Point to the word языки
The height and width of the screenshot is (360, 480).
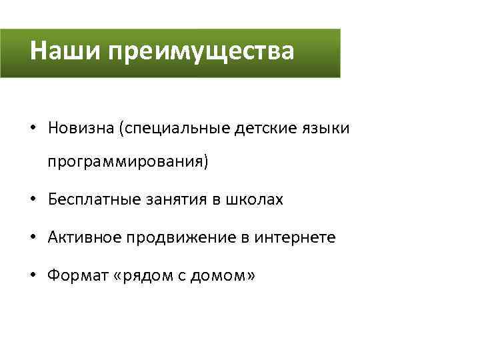tap(325, 127)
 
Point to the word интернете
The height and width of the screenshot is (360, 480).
tap(295, 237)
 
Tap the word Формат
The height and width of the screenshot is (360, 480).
tap(73, 275)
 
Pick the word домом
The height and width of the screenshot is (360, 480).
tap(217, 275)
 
